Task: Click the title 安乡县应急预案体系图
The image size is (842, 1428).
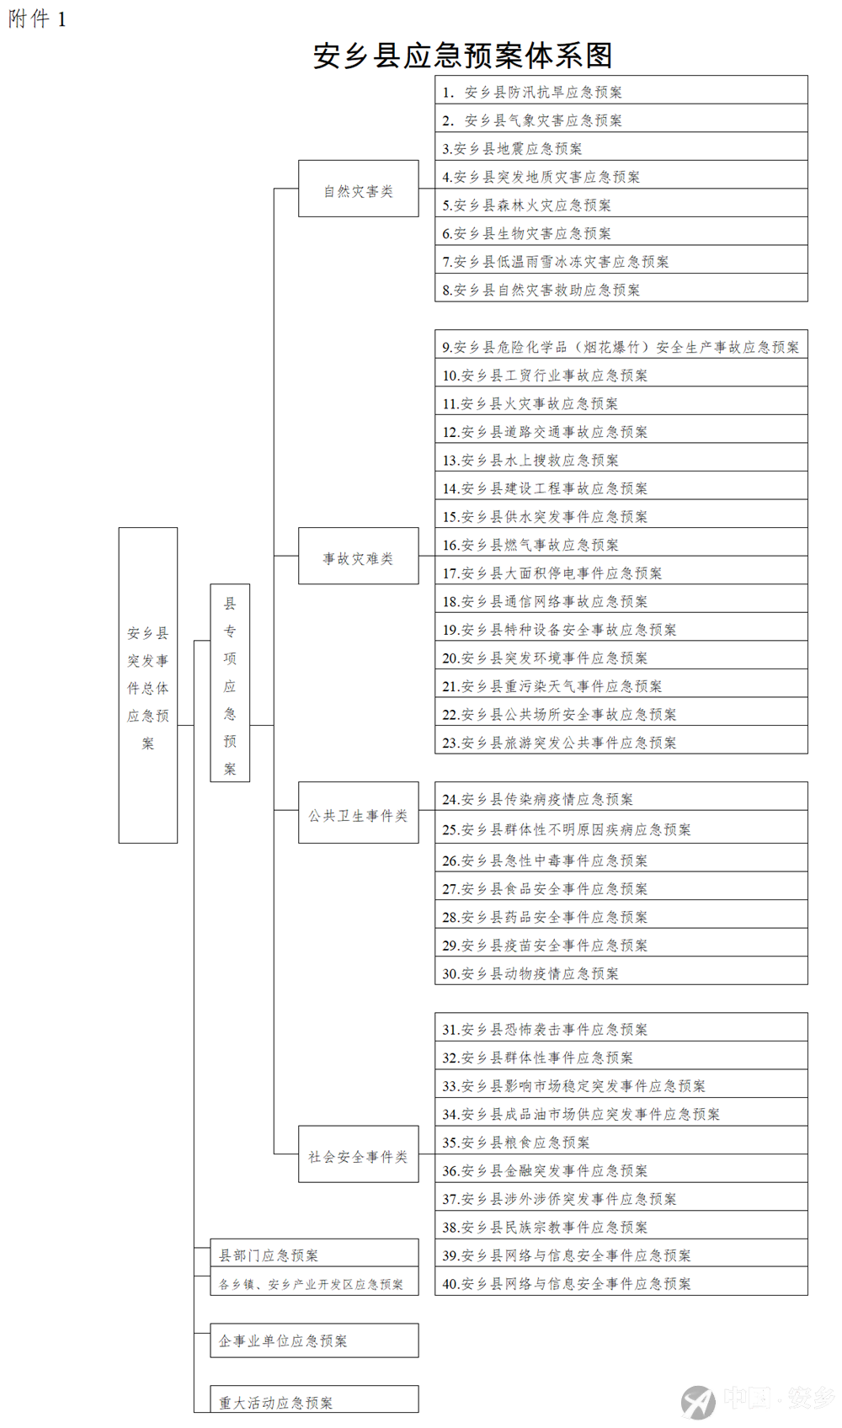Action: coord(463,56)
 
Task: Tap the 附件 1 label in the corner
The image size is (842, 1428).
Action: coord(37,19)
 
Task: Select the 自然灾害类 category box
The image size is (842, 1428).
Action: coord(358,189)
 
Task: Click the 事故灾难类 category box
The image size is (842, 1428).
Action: coord(358,556)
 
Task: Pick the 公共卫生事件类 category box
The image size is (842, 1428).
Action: coord(358,813)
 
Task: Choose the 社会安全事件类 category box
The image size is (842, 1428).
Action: coord(358,1154)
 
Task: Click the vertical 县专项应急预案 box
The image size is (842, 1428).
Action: coord(230,683)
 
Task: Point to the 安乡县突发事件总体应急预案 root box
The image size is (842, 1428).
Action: coord(148,685)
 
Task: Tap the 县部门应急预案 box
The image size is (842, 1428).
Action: coord(314,1253)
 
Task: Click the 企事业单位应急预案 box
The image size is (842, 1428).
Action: coord(314,1340)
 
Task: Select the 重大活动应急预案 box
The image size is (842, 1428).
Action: coord(314,1399)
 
